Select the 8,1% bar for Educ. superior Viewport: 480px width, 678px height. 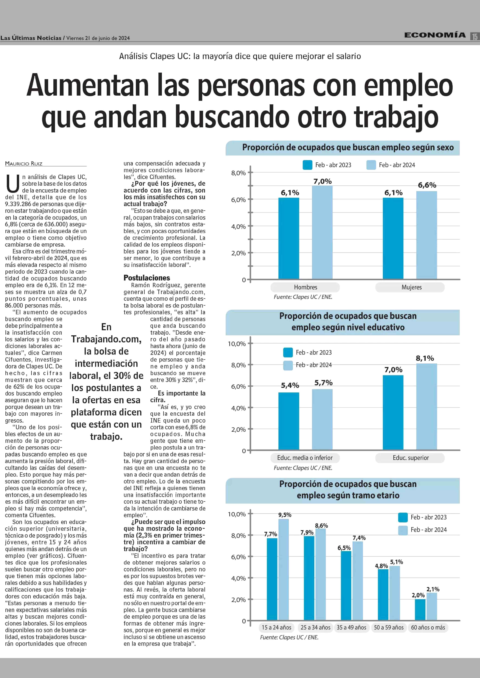pyautogui.click(x=426, y=407)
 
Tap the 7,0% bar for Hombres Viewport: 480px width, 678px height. pyautogui.click(x=322, y=232)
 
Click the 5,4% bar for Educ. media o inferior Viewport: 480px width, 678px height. pyautogui.click(x=289, y=421)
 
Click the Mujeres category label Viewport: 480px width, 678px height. pyautogui.click(x=411, y=287)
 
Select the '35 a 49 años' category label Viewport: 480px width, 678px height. pyautogui.click(x=351, y=628)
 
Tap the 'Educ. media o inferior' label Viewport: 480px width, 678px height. pyautogui.click(x=305, y=458)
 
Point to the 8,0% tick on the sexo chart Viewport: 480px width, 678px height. pyautogui.click(x=238, y=173)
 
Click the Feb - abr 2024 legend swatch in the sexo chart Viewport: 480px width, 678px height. pyautogui.click(x=371, y=165)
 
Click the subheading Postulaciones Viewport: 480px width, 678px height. pyautogui.click(x=147, y=278)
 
